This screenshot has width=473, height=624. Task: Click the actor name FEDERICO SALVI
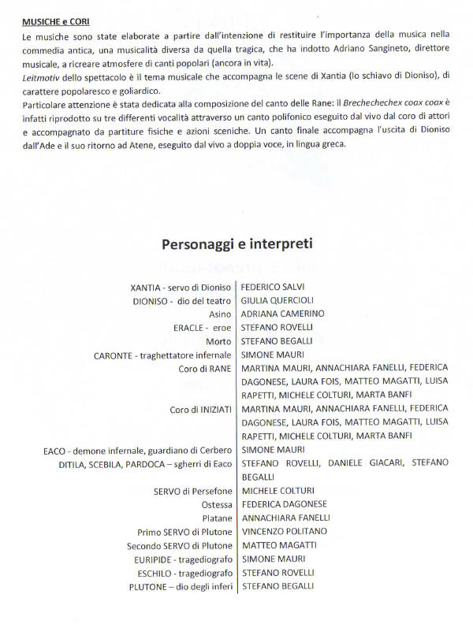[x=272, y=286]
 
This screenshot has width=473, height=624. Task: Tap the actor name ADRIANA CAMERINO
[x=282, y=313]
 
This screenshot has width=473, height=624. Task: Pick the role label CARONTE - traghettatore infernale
[x=163, y=355]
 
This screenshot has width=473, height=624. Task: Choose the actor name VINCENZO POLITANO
[x=284, y=531]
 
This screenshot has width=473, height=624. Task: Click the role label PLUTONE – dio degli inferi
[x=181, y=586]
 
